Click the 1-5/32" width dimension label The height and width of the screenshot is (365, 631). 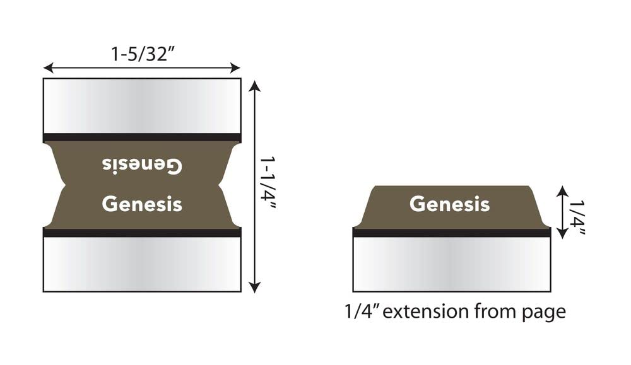(142, 55)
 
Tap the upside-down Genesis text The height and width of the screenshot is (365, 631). (142, 165)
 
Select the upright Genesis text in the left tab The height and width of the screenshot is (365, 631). (142, 204)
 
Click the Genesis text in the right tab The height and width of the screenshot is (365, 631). (449, 204)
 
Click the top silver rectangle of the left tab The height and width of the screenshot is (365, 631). (142, 105)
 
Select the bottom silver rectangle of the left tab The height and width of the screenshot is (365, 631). (142, 264)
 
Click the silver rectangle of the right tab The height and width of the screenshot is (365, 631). (451, 264)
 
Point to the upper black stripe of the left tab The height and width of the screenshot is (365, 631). (142, 137)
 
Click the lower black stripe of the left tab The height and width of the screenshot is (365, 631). (142, 232)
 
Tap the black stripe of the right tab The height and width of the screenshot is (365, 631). (451, 232)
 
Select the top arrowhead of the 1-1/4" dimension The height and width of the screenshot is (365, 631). (254, 85)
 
